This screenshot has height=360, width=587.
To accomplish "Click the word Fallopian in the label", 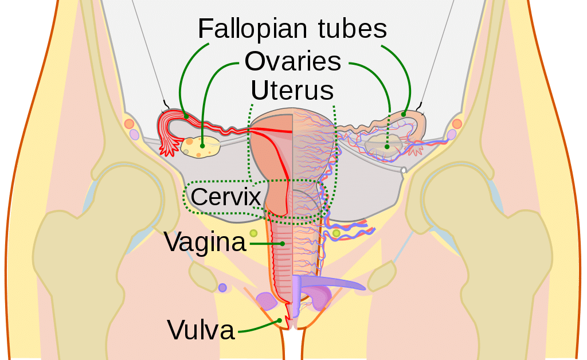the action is pos(252,29).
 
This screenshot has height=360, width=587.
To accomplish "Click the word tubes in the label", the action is pos(353,29).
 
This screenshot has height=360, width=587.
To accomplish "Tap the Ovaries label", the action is pos(293,61).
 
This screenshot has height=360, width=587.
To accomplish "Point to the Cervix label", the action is pos(226,197).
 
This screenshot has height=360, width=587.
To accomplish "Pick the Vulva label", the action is pos(201,330).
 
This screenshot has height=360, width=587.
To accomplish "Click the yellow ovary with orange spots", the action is pos(200,147).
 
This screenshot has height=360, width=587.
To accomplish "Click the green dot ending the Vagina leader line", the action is pos(283,244).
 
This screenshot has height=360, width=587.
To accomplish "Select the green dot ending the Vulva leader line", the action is pos(279,320).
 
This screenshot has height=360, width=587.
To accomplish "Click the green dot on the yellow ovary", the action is pos(202,146).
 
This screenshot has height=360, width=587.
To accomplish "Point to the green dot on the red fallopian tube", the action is pos(186,116).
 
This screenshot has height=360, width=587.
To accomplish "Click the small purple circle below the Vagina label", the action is pos(222,288).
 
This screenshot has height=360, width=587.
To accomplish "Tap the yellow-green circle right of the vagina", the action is pos(336,233).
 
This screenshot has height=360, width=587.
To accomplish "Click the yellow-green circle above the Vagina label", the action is pos(253,233).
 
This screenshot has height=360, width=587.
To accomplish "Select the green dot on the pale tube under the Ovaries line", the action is pos(404,114).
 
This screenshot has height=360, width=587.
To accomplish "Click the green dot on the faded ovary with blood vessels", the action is pos(387,147).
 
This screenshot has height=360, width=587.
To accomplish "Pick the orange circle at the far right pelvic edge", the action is pos(457,123).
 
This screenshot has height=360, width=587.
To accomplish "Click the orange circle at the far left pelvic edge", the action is pos(129,123).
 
